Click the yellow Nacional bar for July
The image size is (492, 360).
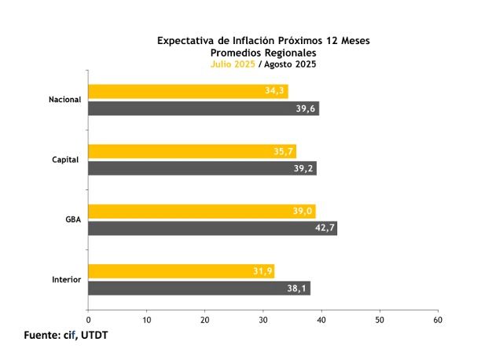188,91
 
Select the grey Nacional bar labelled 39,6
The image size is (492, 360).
203,108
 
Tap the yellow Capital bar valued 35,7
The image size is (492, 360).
192,151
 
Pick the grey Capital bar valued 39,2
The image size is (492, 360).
202,168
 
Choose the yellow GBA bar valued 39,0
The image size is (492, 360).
201,211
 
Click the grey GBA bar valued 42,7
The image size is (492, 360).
212,228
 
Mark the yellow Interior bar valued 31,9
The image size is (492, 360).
181,271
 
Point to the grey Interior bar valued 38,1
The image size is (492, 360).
199,288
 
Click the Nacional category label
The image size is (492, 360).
64,100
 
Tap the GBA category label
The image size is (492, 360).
73,219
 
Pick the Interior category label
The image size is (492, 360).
66,280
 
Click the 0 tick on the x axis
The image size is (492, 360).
89,320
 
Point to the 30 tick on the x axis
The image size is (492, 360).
263,320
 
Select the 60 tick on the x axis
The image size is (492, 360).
438,320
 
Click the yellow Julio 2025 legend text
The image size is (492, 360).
233,64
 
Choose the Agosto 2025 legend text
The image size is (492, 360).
290,64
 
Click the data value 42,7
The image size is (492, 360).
322,229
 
